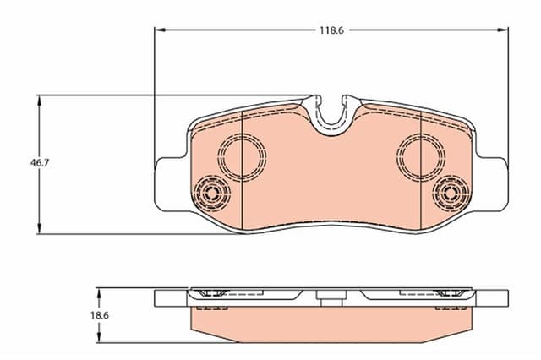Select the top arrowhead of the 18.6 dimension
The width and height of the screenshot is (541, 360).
[100, 292]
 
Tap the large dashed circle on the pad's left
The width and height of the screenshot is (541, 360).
[243, 155]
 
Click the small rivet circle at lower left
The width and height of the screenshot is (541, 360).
[211, 194]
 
